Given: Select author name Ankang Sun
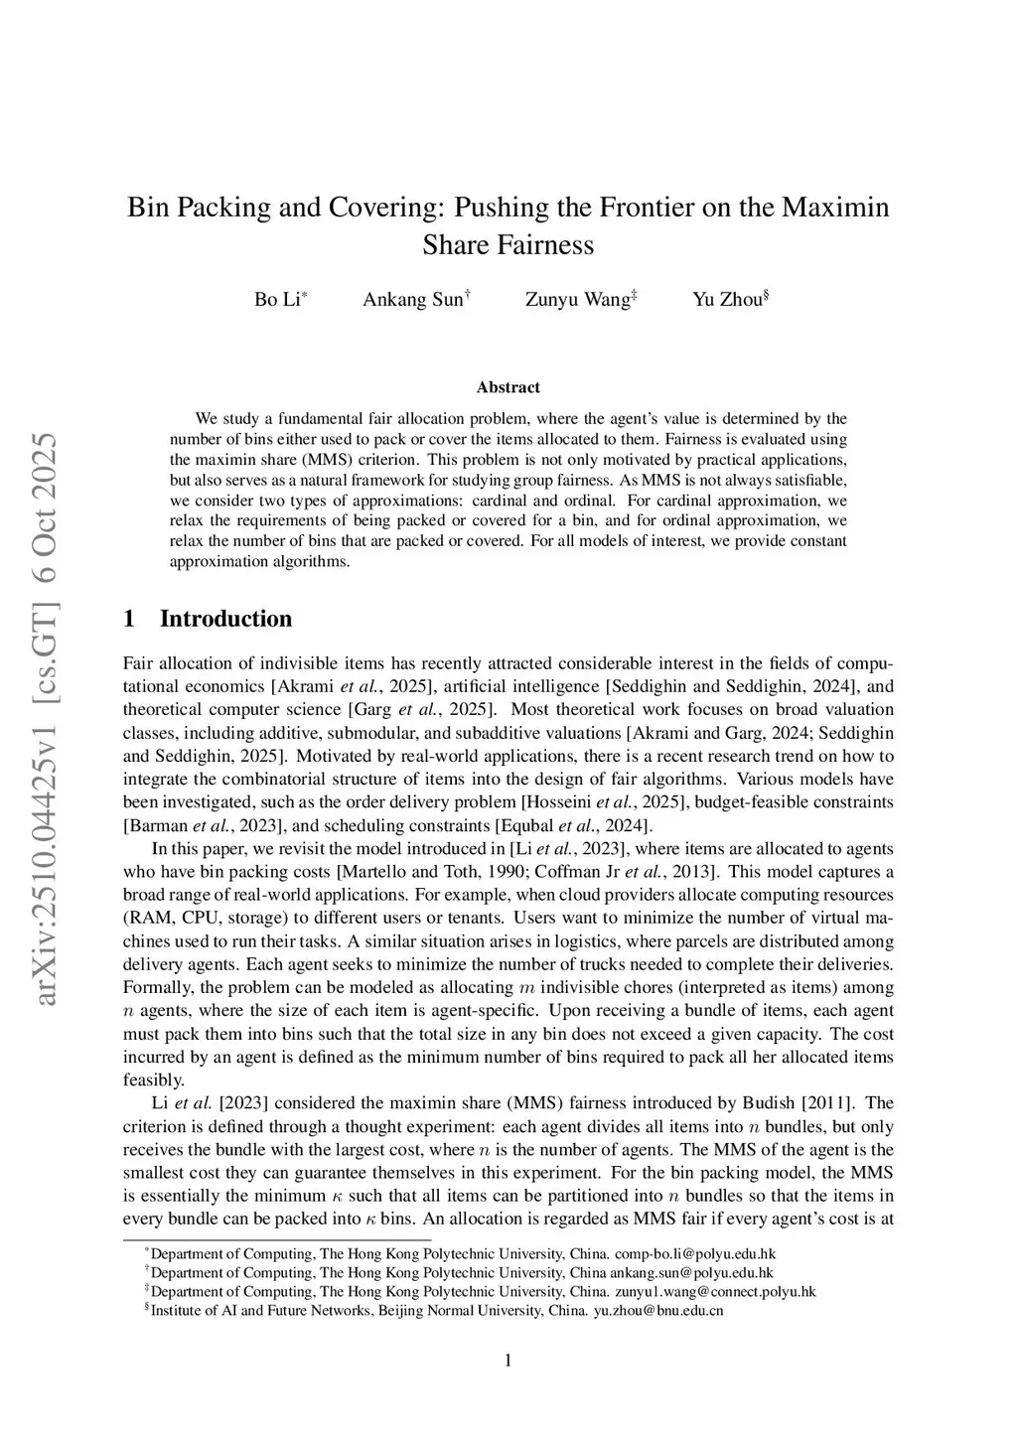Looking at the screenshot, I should coord(412,299).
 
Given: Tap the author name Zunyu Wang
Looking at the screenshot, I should coord(577,299).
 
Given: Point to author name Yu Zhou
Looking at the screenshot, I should coord(727,299).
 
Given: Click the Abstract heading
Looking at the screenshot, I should coord(508,387).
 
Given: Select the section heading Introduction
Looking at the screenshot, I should coord(225,619).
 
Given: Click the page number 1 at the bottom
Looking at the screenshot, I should coord(508,1361).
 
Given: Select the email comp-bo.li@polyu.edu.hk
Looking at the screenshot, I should coord(695,1253).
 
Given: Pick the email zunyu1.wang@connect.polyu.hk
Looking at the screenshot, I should coord(715,1291).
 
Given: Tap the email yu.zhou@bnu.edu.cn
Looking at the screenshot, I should coord(658,1310).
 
